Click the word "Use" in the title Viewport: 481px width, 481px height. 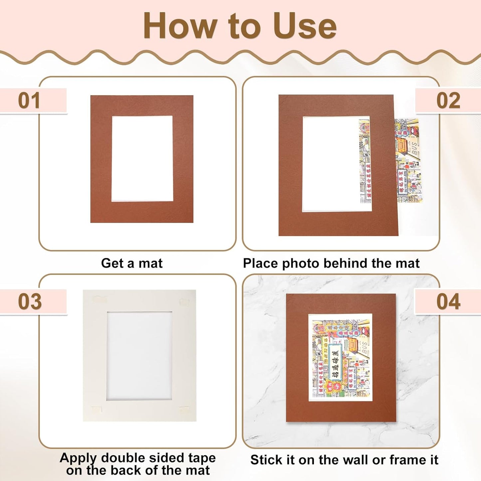click(x=304, y=26)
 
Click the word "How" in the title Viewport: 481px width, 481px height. click(x=180, y=26)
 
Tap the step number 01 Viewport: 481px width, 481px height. click(x=29, y=101)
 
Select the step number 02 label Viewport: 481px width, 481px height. click(x=448, y=101)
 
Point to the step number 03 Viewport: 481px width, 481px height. click(x=30, y=302)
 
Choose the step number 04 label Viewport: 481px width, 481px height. click(x=448, y=302)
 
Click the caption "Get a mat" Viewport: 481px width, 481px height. click(x=132, y=263)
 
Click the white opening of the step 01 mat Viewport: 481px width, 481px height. click(x=142, y=158)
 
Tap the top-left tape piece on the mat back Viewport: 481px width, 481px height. click(x=100, y=299)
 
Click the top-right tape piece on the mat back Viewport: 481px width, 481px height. click(x=184, y=302)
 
